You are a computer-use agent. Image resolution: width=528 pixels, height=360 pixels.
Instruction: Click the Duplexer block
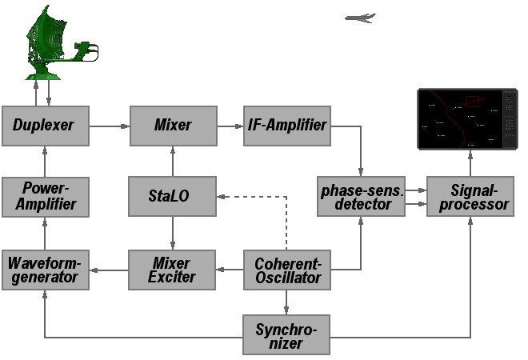tap(45, 126)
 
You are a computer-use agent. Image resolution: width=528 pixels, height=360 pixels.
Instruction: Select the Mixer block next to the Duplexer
tap(173, 126)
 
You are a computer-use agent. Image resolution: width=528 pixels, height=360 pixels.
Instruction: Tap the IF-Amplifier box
tap(286, 126)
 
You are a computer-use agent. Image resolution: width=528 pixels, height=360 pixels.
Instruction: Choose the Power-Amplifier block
tap(45, 197)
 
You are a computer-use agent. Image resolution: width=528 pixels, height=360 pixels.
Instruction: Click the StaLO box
tap(173, 197)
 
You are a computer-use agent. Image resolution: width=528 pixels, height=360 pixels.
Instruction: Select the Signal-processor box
tap(469, 197)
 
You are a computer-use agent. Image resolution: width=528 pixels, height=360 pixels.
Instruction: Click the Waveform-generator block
tap(45, 270)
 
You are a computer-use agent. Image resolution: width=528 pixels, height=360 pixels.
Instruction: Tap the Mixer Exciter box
tap(173, 270)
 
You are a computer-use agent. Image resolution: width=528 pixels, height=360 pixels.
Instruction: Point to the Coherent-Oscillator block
tap(286, 270)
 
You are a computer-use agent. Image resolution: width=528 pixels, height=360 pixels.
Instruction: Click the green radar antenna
tap(48, 48)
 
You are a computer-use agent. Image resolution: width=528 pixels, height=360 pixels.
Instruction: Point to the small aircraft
tap(361, 18)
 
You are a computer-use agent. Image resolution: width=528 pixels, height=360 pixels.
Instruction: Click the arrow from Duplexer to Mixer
tap(109, 126)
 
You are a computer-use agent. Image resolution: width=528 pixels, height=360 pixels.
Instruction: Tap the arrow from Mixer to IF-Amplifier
tap(230, 126)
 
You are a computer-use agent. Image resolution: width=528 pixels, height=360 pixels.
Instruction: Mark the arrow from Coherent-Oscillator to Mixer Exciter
tap(230, 270)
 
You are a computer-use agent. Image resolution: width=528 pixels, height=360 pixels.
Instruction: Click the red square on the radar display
tap(472, 102)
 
